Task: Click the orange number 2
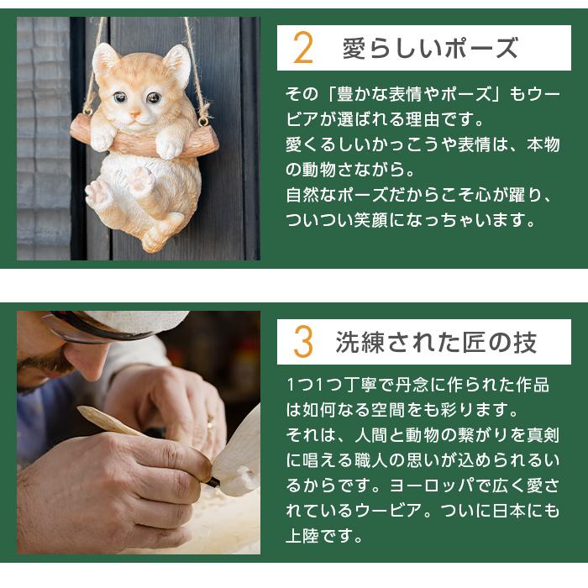(303, 49)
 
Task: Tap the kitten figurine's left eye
(121, 98)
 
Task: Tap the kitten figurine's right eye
(154, 98)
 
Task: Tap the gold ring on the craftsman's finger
(211, 424)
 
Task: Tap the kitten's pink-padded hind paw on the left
(99, 195)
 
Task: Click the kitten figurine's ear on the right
(176, 64)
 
